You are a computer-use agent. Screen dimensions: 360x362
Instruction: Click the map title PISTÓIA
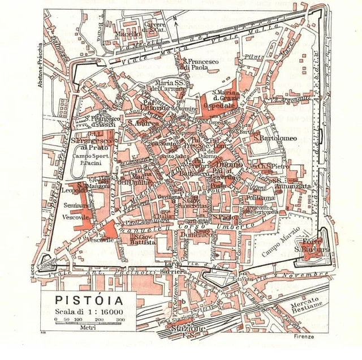click(87, 298)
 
